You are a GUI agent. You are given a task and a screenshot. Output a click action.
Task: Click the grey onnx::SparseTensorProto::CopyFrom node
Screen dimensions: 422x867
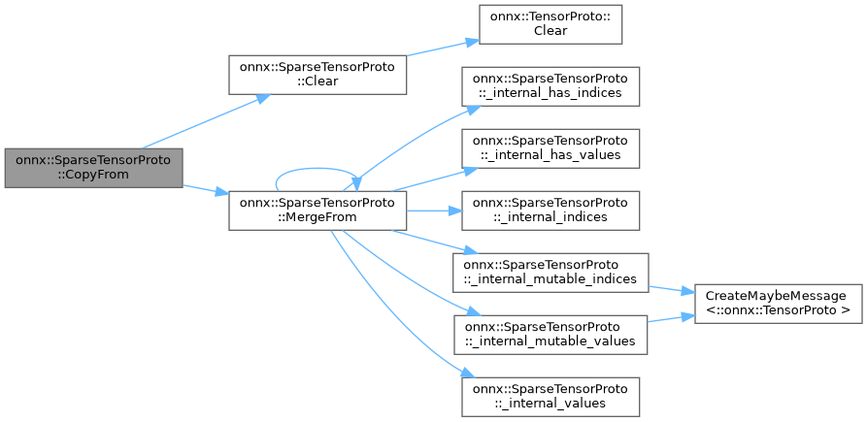[92, 168]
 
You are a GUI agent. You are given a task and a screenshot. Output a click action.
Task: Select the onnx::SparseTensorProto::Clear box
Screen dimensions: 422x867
[317, 74]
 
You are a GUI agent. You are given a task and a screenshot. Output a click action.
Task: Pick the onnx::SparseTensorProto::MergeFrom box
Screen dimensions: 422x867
[317, 211]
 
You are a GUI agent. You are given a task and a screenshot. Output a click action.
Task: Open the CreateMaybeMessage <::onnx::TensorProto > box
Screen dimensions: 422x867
[779, 303]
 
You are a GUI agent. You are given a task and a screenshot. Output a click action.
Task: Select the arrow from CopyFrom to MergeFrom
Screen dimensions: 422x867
[204, 189]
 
